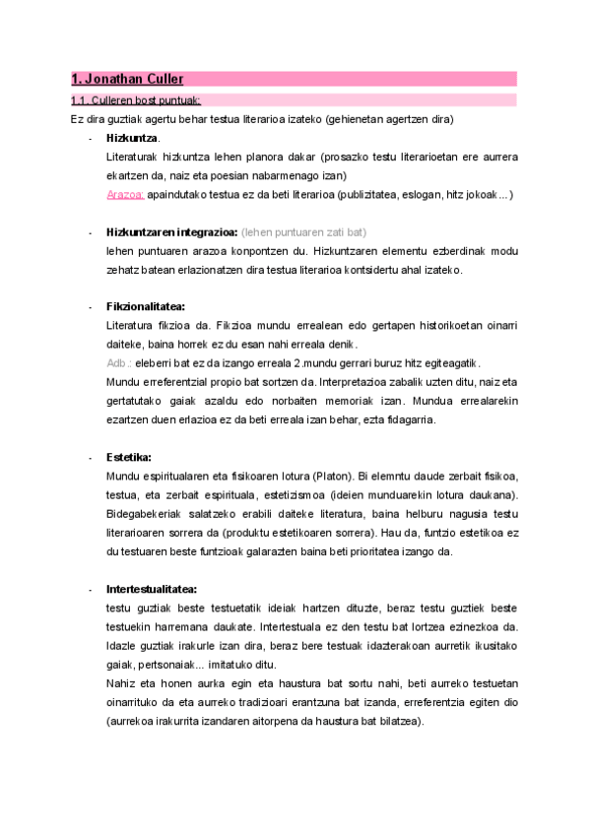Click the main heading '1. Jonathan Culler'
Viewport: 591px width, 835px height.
(x=127, y=79)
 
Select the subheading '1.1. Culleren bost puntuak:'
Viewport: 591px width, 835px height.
(x=136, y=99)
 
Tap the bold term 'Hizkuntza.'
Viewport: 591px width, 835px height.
(x=133, y=138)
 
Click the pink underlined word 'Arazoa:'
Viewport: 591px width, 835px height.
(x=125, y=194)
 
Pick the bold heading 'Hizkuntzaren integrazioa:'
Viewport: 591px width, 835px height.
(x=171, y=232)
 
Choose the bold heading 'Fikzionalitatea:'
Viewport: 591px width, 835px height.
(x=145, y=306)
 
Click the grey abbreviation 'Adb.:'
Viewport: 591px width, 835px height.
(x=119, y=362)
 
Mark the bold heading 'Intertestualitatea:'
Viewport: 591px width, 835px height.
(x=152, y=589)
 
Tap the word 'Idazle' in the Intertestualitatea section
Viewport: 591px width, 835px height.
(x=121, y=646)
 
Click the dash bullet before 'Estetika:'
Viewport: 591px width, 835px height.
(x=91, y=458)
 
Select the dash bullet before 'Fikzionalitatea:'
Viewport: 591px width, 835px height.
(x=91, y=307)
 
